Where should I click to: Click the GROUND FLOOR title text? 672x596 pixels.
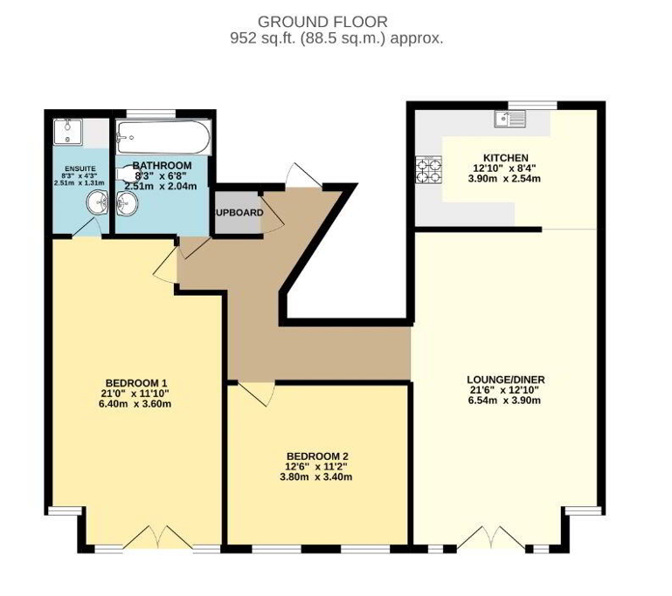[x=322, y=21]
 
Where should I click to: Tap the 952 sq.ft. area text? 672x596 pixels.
[x=336, y=38]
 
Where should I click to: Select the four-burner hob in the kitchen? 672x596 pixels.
[x=429, y=168]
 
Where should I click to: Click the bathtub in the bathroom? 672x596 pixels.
[x=163, y=136]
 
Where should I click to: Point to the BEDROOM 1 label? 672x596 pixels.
[x=136, y=383]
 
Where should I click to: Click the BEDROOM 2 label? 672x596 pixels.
[x=318, y=456]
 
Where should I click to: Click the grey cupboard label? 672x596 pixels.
[x=238, y=212]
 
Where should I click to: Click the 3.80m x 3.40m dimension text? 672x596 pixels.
[x=318, y=477]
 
